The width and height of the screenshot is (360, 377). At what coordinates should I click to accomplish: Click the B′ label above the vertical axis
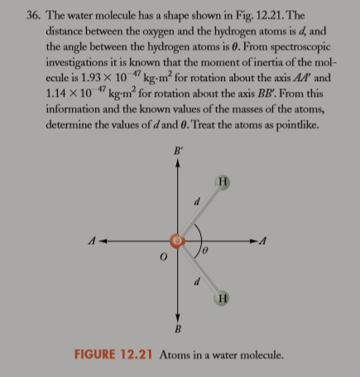pos(176,151)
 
